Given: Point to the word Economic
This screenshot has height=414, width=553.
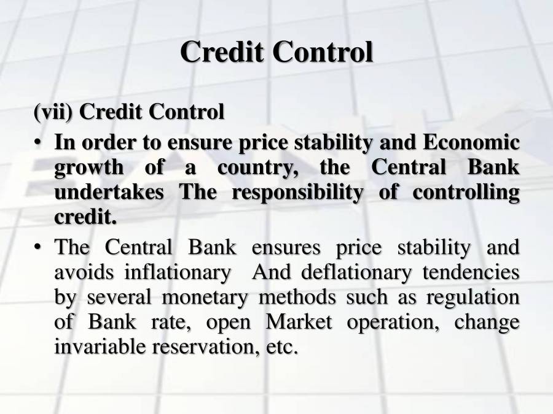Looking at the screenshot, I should (470, 143).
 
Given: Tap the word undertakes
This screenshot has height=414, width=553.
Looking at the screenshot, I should (109, 193).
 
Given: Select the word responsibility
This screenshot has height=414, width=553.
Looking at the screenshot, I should (315, 193).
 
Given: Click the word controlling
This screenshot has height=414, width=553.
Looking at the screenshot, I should (466, 193).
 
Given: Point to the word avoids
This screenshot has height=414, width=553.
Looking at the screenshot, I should (82, 272).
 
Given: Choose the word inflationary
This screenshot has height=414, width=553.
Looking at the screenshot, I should (177, 272).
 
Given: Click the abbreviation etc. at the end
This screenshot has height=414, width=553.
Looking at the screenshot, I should (282, 347).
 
